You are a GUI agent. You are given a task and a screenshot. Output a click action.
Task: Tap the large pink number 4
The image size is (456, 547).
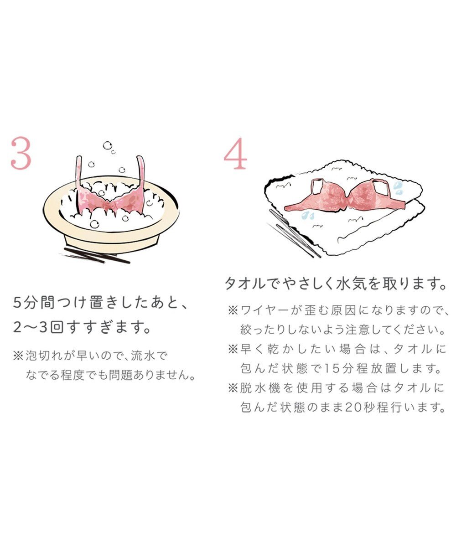(x=235, y=155)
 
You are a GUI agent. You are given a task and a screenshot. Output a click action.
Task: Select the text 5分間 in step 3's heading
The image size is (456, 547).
(x=32, y=303)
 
